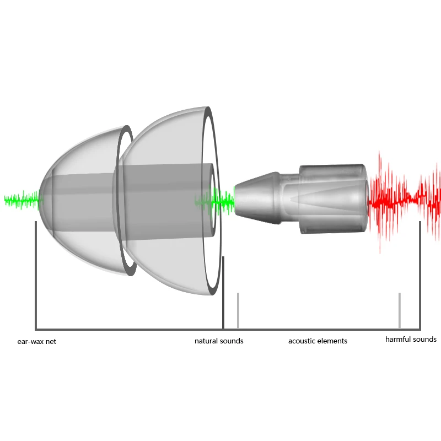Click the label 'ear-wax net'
click(36, 341)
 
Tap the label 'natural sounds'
click(219, 341)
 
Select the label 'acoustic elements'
click(318, 341)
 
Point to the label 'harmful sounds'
click(411, 340)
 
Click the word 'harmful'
click(398, 340)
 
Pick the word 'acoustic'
click(302, 341)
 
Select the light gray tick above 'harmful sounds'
click(400, 310)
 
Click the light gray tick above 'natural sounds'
click(238, 310)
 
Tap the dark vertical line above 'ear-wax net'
click(36, 276)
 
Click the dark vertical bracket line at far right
click(420, 276)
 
